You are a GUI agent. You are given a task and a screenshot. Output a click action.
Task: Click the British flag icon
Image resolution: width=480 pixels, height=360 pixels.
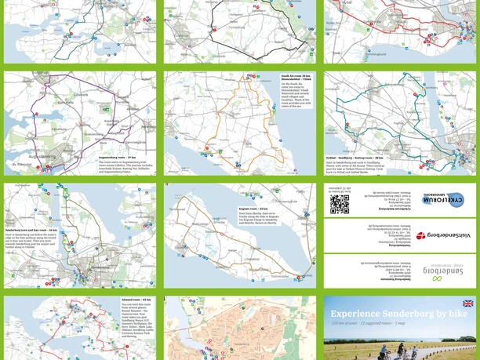(468, 304)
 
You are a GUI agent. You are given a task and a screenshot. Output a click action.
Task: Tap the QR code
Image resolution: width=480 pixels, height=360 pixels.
(340, 204)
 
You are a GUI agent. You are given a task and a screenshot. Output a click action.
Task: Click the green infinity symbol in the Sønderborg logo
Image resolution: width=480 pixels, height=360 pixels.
(437, 278)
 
